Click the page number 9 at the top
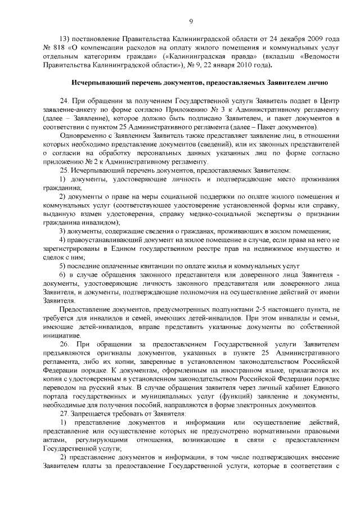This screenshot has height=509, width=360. (x=191, y=22)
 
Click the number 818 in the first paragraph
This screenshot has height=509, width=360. (x=61, y=47)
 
